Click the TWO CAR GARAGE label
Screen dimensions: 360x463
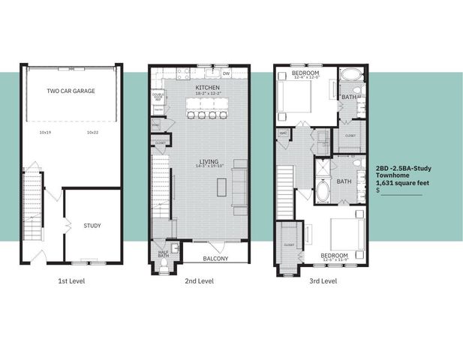point(71,91)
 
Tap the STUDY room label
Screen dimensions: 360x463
point(92,225)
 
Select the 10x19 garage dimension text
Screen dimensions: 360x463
point(45,132)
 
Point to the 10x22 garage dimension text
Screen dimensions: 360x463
point(93,132)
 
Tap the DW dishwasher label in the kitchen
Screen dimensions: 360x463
point(226,73)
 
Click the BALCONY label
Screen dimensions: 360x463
point(215,259)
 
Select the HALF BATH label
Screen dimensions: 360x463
point(164,253)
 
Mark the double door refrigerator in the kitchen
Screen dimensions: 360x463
point(158,96)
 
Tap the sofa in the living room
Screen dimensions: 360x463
point(239,186)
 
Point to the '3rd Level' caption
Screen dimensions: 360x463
point(323,281)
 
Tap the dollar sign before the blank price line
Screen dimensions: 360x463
point(377,191)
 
